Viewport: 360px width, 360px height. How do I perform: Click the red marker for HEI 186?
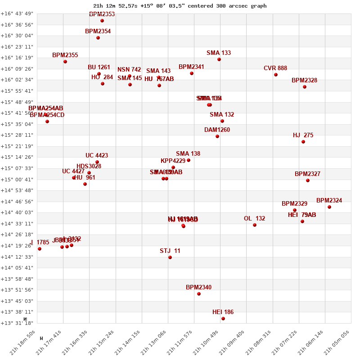click(x=223, y=319)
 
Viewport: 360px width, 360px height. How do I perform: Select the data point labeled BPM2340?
click(x=199, y=294)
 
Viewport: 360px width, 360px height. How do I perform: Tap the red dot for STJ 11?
click(x=170, y=257)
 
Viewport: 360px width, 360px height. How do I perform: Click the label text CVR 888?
click(x=275, y=68)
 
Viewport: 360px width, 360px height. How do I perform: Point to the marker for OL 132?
click(x=255, y=225)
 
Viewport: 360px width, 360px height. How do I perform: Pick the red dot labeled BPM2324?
click(x=329, y=207)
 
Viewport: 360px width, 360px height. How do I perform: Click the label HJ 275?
click(x=303, y=135)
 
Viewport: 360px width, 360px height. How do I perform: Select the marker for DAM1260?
click(x=217, y=136)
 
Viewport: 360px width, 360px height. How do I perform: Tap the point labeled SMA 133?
click(x=219, y=59)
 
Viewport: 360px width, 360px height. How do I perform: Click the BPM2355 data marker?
click(x=65, y=62)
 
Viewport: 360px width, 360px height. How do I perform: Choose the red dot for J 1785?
click(x=40, y=249)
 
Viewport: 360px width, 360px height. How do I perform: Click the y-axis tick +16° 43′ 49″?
click(x=17, y=13)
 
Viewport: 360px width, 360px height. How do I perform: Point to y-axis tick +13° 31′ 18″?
click(x=17, y=323)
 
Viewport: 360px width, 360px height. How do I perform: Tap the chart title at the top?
click(x=180, y=6)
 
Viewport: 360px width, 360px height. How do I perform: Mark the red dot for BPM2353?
click(x=102, y=21)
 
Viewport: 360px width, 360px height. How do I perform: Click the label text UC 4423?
click(x=97, y=156)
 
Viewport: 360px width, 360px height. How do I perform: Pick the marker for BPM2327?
click(x=308, y=180)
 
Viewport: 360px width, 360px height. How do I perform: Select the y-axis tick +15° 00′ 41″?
click(x=17, y=180)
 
